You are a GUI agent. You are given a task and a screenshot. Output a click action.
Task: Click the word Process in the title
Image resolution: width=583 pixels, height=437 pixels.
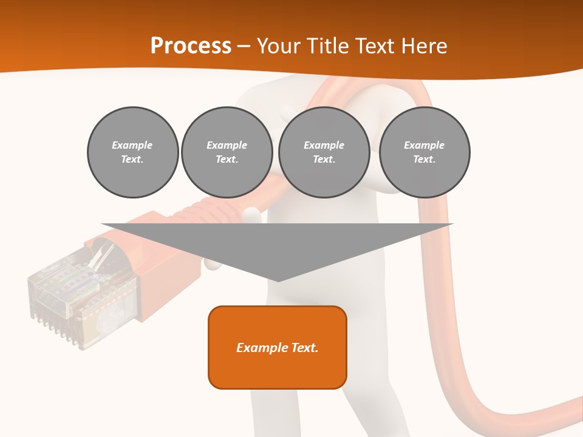pyautogui.click(x=191, y=46)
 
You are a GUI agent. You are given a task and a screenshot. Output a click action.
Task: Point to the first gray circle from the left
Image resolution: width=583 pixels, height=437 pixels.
pyautogui.click(x=132, y=152)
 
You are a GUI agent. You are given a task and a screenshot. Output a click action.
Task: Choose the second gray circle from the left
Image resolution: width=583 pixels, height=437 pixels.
pyautogui.click(x=227, y=152)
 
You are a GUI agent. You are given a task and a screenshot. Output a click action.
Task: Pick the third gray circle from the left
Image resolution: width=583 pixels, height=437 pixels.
pyautogui.click(x=324, y=152)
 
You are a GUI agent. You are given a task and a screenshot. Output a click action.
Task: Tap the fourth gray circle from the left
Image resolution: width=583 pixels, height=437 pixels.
pyautogui.click(x=424, y=152)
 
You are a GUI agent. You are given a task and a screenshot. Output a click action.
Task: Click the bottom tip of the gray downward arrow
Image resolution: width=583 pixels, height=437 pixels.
pyautogui.click(x=278, y=280)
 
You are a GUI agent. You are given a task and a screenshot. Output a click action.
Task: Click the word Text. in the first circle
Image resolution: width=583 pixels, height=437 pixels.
pyautogui.click(x=132, y=160)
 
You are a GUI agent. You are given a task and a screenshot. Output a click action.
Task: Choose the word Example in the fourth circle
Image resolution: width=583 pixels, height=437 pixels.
pyautogui.click(x=424, y=145)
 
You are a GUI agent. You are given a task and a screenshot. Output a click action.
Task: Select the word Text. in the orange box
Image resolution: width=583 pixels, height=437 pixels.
pyautogui.click(x=303, y=348)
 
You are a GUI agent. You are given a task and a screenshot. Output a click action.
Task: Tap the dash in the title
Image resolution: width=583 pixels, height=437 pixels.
pyautogui.click(x=244, y=46)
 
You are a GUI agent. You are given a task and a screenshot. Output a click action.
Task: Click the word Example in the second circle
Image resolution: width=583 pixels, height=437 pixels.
pyautogui.click(x=227, y=145)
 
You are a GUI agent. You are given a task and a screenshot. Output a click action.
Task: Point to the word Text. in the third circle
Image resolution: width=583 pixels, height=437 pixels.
pyautogui.click(x=324, y=160)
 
